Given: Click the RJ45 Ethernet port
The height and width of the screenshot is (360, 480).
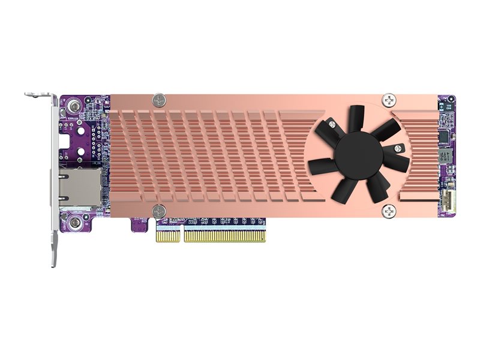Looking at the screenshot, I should pos(78,185).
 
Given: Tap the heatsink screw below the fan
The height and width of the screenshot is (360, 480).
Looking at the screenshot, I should pos(389,211).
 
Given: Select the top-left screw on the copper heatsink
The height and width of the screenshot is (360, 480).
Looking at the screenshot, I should pos(158,100).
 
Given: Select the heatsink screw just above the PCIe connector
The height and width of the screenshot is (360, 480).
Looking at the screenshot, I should pos(158,210).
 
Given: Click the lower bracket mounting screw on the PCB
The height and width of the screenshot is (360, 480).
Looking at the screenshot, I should pos(74,224).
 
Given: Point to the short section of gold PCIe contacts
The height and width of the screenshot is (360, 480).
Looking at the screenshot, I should pos(168,235).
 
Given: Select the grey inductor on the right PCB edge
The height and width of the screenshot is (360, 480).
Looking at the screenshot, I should pos(445,158).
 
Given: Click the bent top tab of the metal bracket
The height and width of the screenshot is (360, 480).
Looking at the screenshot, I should pos(40,95).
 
